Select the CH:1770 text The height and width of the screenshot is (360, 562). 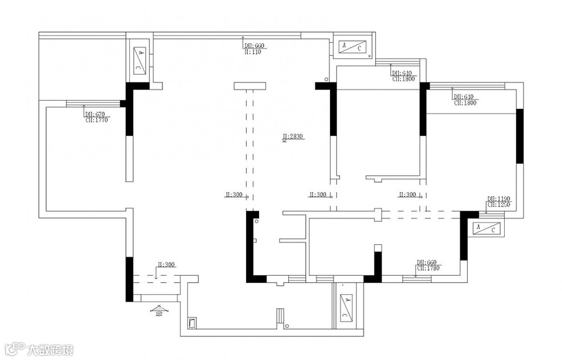pyautogui.click(x=96, y=120)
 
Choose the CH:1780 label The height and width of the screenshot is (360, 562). pyautogui.click(x=427, y=268)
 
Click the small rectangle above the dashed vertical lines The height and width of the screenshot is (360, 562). pyautogui.click(x=250, y=86)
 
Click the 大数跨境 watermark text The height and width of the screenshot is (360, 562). pyautogui.click(x=51, y=350)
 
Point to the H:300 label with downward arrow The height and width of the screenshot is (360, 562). pyautogui.click(x=166, y=264)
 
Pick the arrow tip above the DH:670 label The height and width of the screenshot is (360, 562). pyautogui.click(x=83, y=106)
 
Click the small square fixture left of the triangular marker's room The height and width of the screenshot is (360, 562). pyautogui.click(x=192, y=323)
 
